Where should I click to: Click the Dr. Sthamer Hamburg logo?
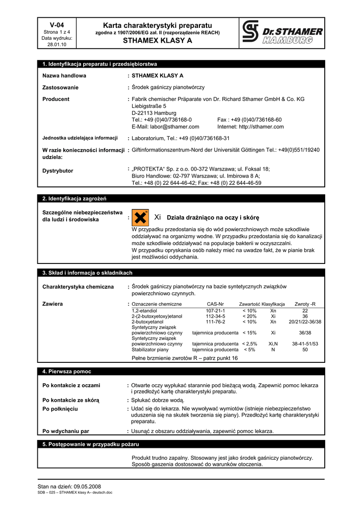(282, 33)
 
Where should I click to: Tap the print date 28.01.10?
(57, 44)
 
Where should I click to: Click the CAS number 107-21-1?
(215, 311)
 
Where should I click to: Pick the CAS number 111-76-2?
(215, 322)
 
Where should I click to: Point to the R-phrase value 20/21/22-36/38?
(305, 322)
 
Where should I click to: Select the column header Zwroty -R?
(305, 304)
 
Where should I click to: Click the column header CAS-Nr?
(215, 304)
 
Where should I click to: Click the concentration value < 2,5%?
(250, 344)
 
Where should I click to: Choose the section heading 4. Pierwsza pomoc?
(67, 371)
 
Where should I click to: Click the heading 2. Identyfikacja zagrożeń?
(71, 199)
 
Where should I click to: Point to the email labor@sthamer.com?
(165, 127)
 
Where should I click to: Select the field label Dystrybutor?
(58, 171)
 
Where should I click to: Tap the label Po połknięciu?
(60, 409)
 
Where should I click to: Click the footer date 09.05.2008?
(87, 486)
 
